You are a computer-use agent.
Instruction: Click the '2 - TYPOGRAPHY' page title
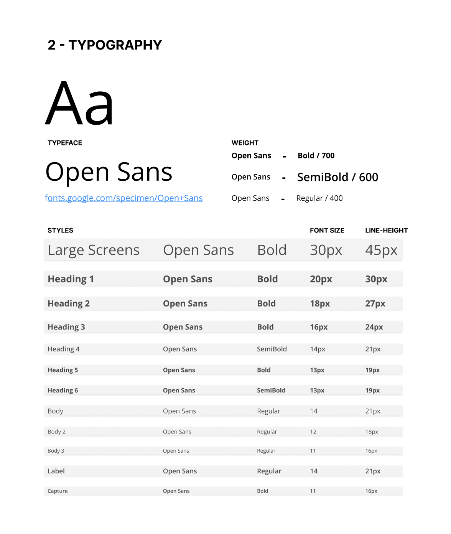tap(105, 45)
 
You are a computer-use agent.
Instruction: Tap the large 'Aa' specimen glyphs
tap(79, 103)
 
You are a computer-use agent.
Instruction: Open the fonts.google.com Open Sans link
tap(123, 198)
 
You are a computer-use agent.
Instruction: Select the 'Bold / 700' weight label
tap(316, 156)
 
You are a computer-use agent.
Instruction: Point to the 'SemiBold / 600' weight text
tap(337, 177)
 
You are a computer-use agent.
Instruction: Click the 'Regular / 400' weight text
tap(319, 198)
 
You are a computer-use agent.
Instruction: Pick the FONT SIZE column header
tap(327, 231)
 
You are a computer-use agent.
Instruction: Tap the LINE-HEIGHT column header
tap(386, 231)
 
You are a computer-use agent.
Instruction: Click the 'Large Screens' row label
tap(94, 250)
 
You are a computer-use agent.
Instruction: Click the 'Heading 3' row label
tap(66, 327)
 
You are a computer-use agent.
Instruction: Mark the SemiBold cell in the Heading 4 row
tap(272, 349)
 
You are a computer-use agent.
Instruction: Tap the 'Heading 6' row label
tap(63, 391)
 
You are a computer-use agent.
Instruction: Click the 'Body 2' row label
tap(57, 432)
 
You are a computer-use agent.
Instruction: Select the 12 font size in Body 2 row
tap(313, 432)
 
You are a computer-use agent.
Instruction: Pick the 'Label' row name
tap(56, 471)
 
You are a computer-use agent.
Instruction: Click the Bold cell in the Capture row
tap(263, 491)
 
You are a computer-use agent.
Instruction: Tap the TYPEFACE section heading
tap(65, 143)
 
